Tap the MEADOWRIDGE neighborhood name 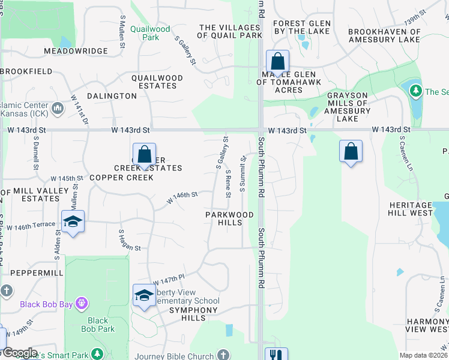click(76, 51)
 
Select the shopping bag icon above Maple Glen click(277, 61)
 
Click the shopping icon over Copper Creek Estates click(144, 155)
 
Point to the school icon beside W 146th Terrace click(73, 222)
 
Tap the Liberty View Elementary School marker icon click(144, 295)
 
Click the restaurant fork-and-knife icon click(276, 355)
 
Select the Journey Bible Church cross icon click(223, 355)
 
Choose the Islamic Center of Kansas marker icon click(58, 109)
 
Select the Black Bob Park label click(98, 325)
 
